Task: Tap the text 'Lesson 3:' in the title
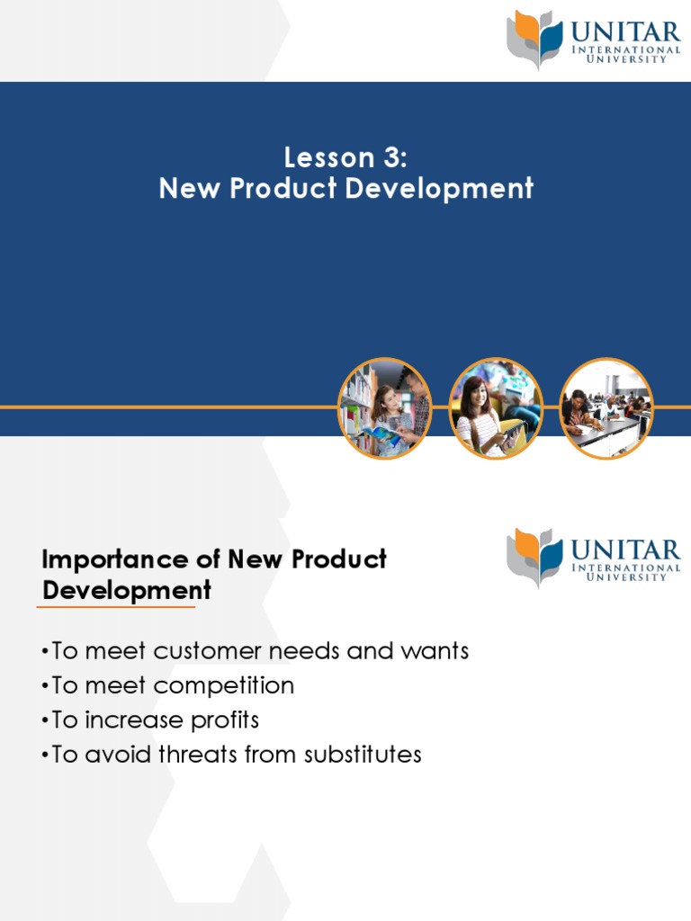pyautogui.click(x=345, y=157)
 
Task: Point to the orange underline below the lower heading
pyautogui.click(x=115, y=607)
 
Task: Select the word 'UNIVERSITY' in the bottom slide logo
pyautogui.click(x=626, y=577)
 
